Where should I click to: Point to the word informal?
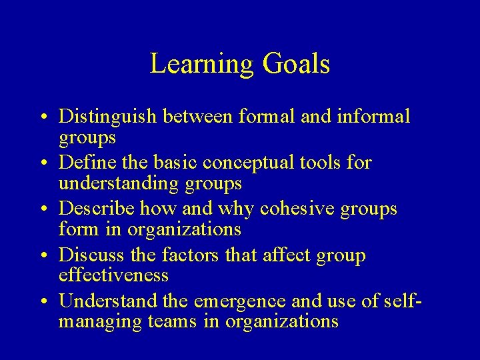[x=375, y=117]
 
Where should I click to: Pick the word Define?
[x=83, y=163]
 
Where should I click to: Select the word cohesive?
[x=298, y=209]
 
